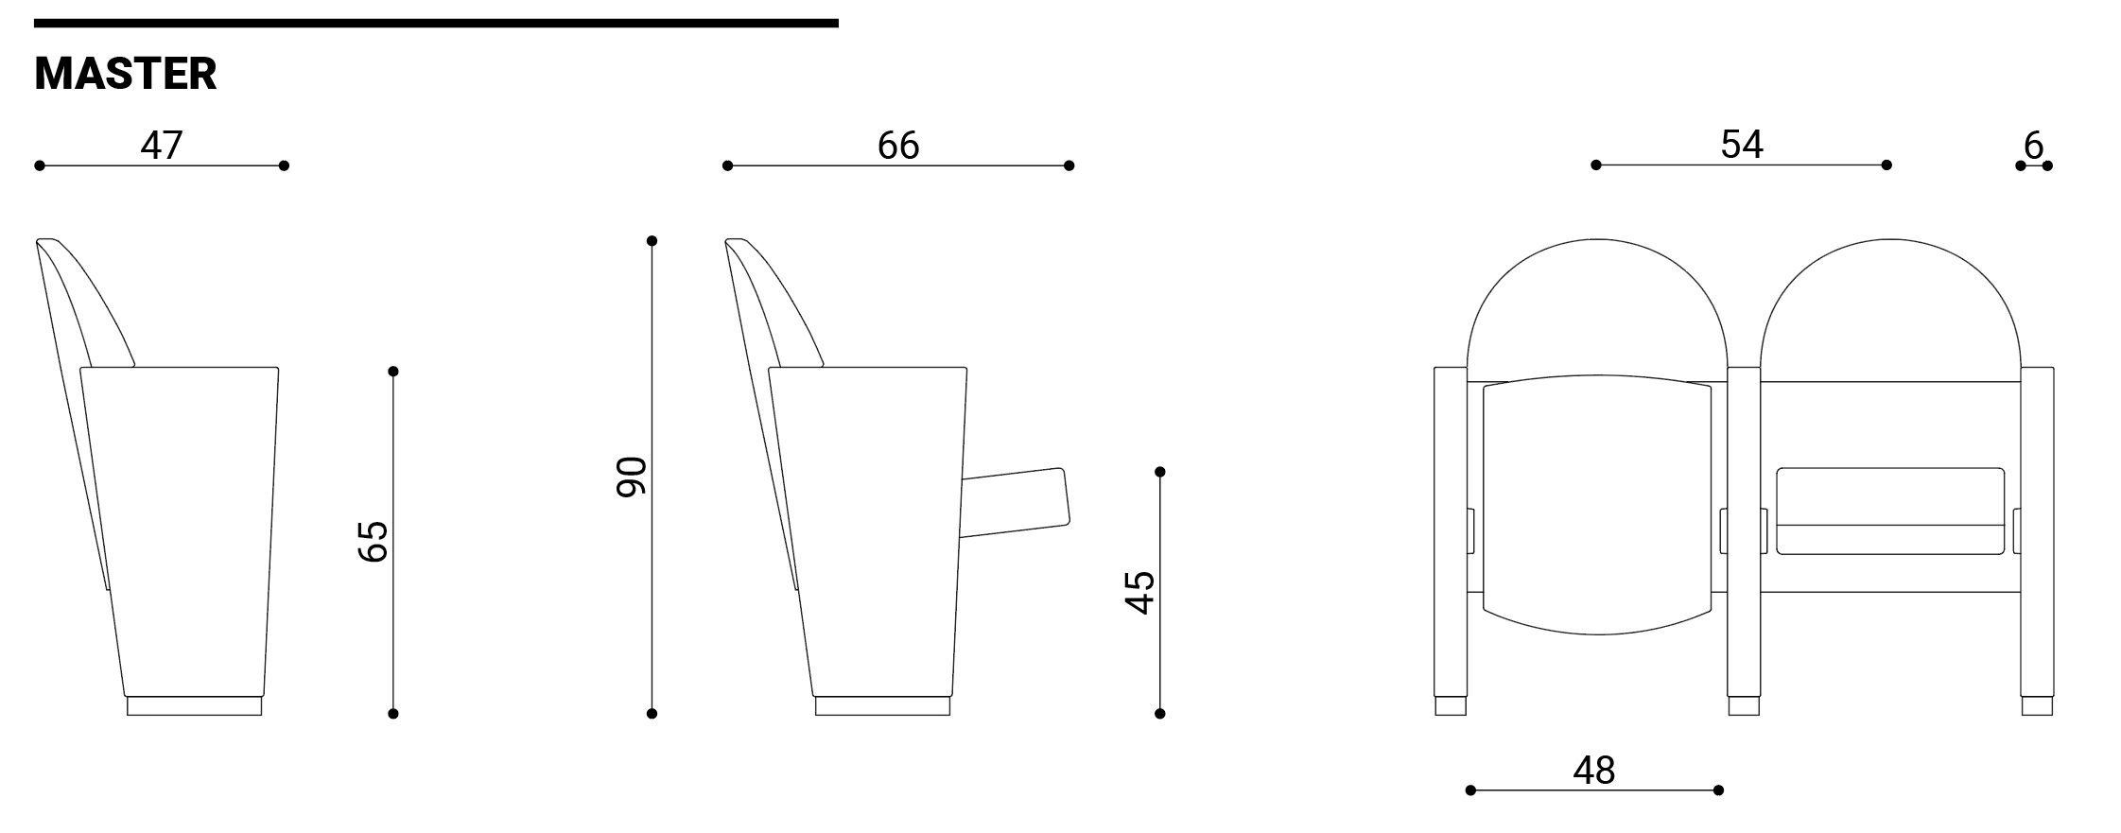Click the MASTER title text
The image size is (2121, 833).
coord(126,74)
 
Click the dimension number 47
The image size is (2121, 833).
coord(162,145)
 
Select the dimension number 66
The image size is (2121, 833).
coord(897,145)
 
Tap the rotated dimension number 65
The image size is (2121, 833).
coord(374,541)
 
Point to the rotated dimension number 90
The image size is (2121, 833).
coord(632,477)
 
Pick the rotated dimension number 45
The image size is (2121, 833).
coord(1140,593)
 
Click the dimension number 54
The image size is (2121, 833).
coord(1742,144)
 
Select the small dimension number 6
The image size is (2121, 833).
coord(2034,145)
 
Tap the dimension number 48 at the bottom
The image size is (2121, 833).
coord(1594,771)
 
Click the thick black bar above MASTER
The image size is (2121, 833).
coord(436,23)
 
